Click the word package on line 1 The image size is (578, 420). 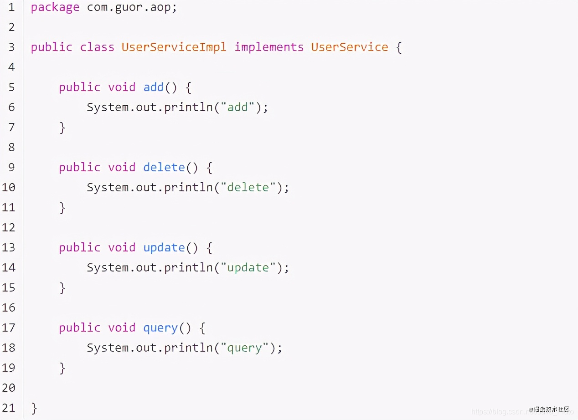[x=55, y=8]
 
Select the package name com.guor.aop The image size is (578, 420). [x=131, y=8]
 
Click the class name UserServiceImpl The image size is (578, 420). [x=174, y=47]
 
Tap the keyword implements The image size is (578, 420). [x=269, y=47]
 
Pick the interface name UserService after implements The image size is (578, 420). [x=350, y=47]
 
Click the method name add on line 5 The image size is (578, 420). [x=154, y=87]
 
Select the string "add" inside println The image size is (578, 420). [x=237, y=108]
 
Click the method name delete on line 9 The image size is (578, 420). [x=164, y=168]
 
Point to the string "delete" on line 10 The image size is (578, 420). [x=248, y=188]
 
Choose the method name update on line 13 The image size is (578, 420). [x=164, y=248]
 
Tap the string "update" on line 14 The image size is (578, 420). [x=248, y=268]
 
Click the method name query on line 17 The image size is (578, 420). [x=160, y=328]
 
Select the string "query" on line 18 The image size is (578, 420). [x=245, y=348]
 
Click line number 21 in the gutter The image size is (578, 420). [x=8, y=408]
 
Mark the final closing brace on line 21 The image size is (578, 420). [x=34, y=408]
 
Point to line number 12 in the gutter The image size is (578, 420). [x=8, y=227]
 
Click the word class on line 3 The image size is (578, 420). [x=97, y=47]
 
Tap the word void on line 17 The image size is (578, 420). [x=122, y=328]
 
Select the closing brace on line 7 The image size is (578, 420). [x=62, y=128]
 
